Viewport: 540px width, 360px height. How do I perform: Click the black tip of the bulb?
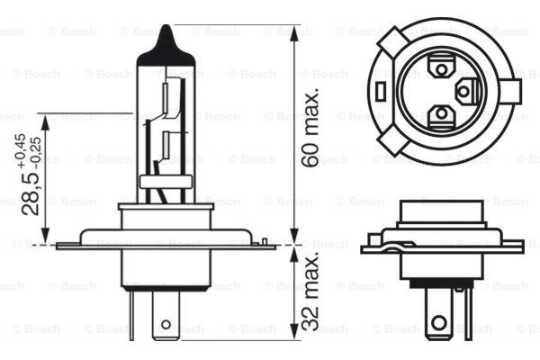[166, 40]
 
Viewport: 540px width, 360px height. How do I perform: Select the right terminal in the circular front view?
[465, 90]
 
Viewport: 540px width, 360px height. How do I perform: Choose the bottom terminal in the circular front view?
[440, 114]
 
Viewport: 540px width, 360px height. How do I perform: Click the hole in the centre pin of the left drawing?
[166, 322]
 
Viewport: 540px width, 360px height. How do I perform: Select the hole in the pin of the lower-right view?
[439, 322]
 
